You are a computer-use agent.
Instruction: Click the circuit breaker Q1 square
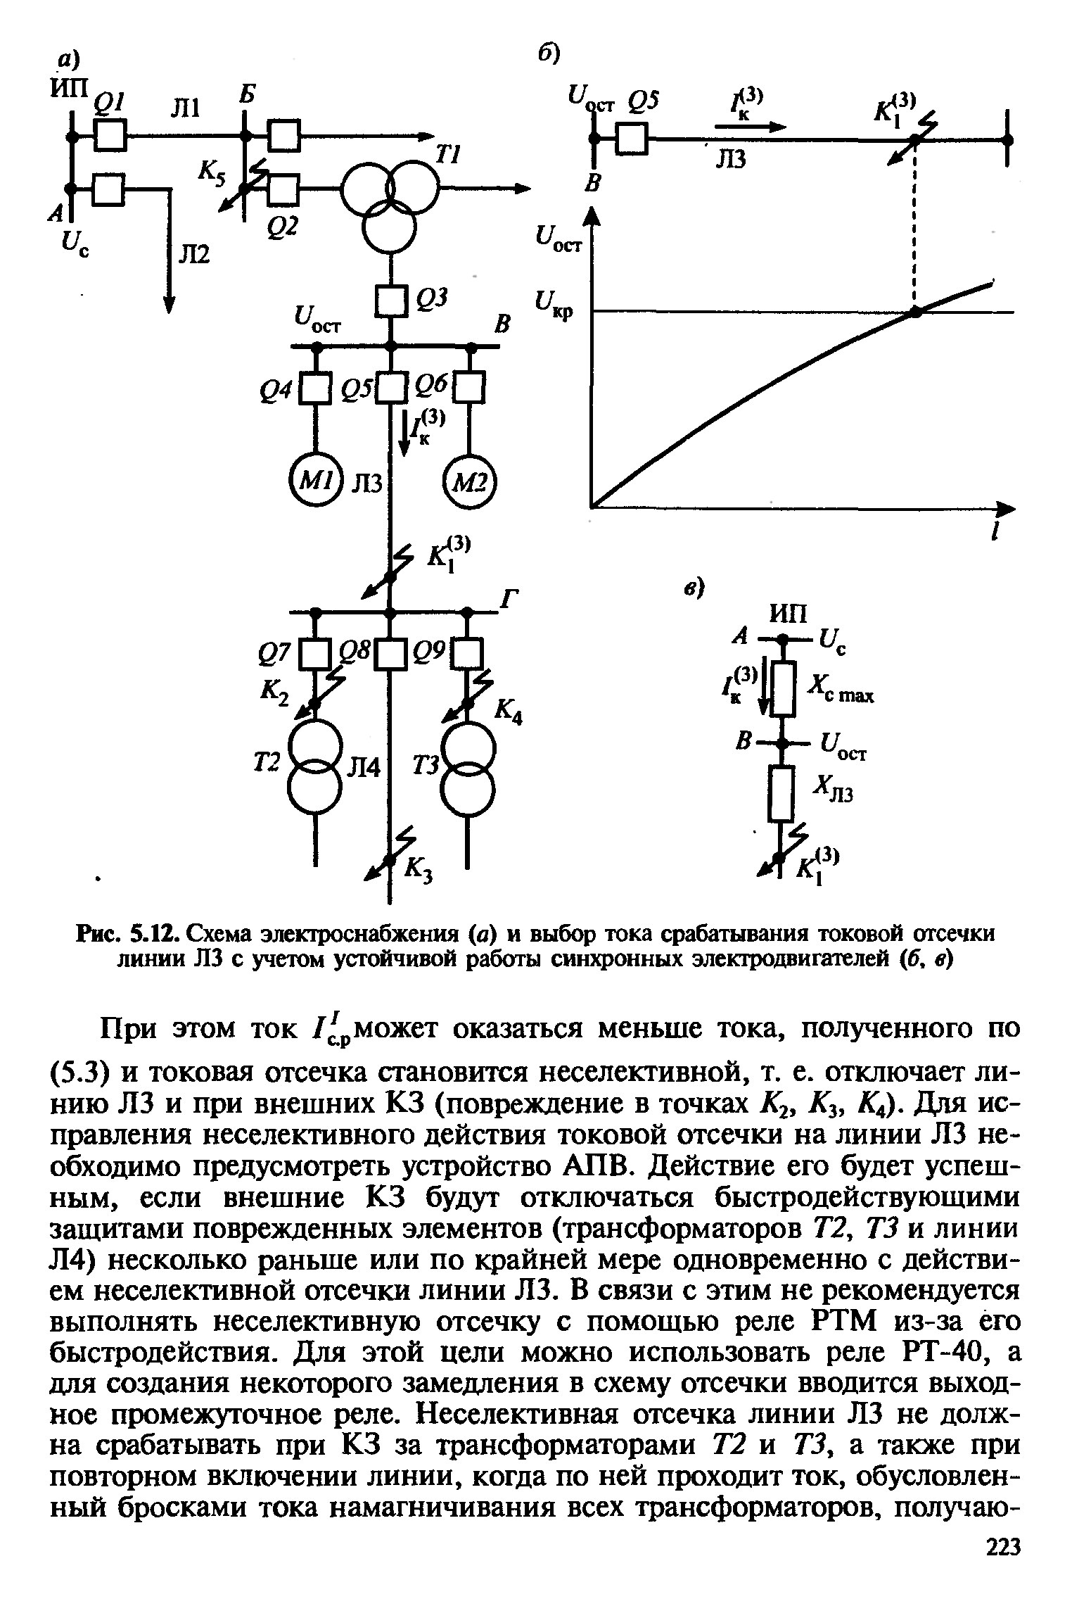click(110, 134)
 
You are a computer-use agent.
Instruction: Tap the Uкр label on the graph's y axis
click(555, 307)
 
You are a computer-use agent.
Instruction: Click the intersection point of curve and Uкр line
click(915, 312)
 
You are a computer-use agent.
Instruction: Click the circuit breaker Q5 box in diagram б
click(632, 139)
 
